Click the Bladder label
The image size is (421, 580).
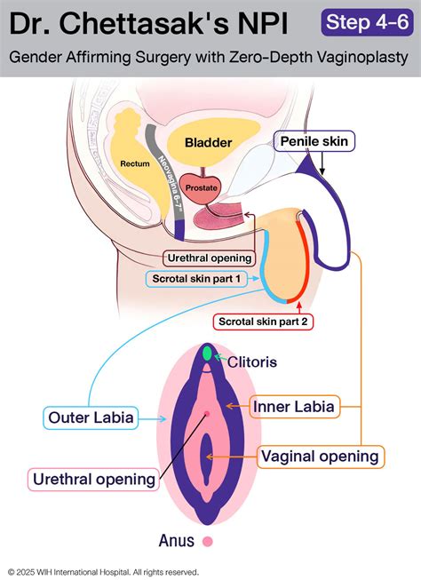(x=208, y=142)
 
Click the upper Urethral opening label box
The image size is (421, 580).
(x=210, y=258)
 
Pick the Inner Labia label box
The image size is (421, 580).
(x=293, y=407)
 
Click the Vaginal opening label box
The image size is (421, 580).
(x=321, y=457)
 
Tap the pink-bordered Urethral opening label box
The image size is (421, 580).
(x=94, y=480)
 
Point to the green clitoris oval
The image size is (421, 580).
(x=208, y=354)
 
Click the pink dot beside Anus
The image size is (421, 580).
(x=209, y=540)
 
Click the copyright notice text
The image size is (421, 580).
(x=104, y=571)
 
